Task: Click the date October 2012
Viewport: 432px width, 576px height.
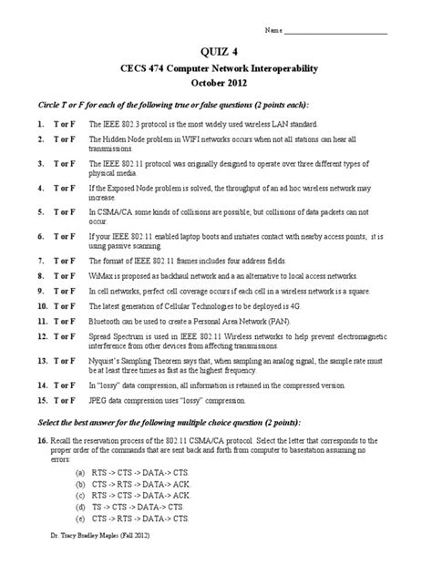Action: tap(215, 83)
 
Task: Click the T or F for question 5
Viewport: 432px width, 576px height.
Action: tap(63, 211)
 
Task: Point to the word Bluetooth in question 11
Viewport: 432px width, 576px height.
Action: tap(105, 322)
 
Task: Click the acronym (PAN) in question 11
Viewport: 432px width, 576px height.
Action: tap(278, 322)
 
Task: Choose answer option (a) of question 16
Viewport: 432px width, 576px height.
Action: tap(82, 474)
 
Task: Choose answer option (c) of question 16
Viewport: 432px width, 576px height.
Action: tap(82, 494)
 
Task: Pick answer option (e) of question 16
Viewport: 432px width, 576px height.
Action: tap(82, 517)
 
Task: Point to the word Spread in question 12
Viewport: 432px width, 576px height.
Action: tap(100, 335)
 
